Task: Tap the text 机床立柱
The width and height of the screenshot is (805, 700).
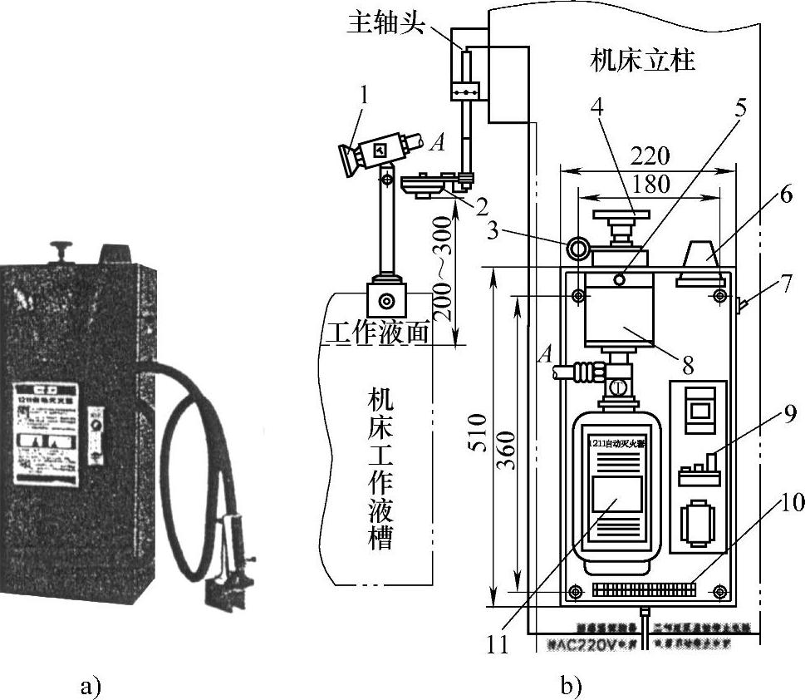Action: pos(642,60)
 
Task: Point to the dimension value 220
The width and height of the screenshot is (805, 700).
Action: pos(649,155)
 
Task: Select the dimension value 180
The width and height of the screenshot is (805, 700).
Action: pos(649,183)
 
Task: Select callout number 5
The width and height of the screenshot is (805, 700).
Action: pos(739,108)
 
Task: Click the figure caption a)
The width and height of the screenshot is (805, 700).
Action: pos(91,686)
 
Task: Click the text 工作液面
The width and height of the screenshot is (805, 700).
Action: pos(376,333)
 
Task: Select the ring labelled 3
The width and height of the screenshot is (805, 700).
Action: pos(578,247)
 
